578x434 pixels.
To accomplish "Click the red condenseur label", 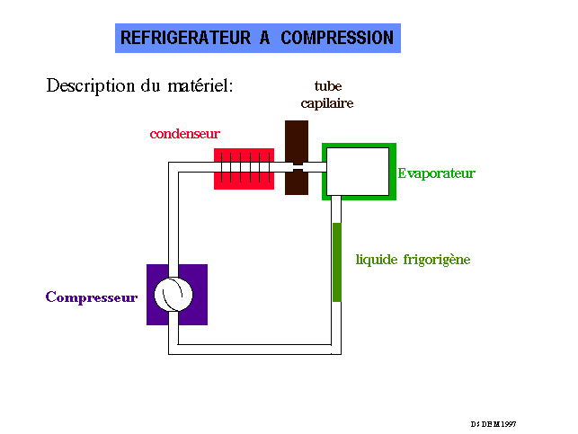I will (184, 134).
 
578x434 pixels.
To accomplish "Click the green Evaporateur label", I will (436, 173).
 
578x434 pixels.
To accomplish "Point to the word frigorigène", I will (437, 261).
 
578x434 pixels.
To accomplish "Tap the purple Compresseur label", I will (92, 297).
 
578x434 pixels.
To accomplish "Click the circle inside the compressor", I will (174, 295).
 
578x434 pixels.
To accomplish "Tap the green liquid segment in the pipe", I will (337, 261).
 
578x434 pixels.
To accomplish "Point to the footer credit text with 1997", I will (494, 423).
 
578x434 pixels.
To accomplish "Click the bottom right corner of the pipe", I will (337, 349).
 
